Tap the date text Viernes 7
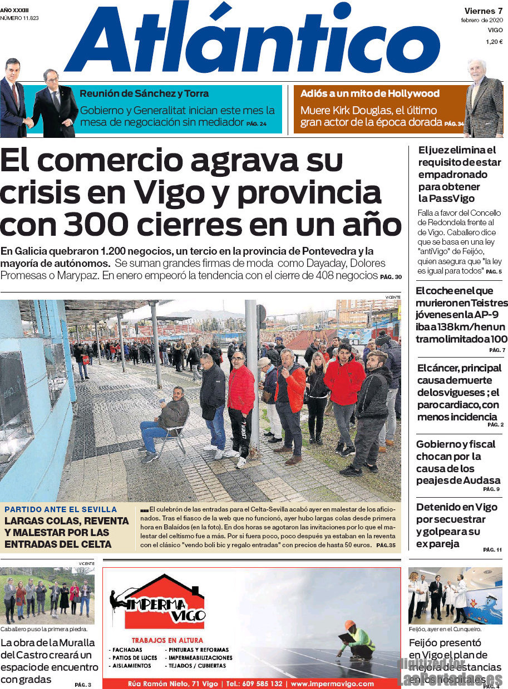[484, 11]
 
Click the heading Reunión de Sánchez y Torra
[144, 93]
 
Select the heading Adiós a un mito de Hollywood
[370, 93]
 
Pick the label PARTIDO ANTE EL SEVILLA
[61, 509]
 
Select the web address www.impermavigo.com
[332, 683]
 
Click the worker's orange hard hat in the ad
[349, 624]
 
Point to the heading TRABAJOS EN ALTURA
[167, 640]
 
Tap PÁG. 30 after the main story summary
[391, 276]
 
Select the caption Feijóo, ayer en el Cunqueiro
[445, 629]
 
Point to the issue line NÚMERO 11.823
[19, 18]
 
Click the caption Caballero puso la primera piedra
[44, 629]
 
